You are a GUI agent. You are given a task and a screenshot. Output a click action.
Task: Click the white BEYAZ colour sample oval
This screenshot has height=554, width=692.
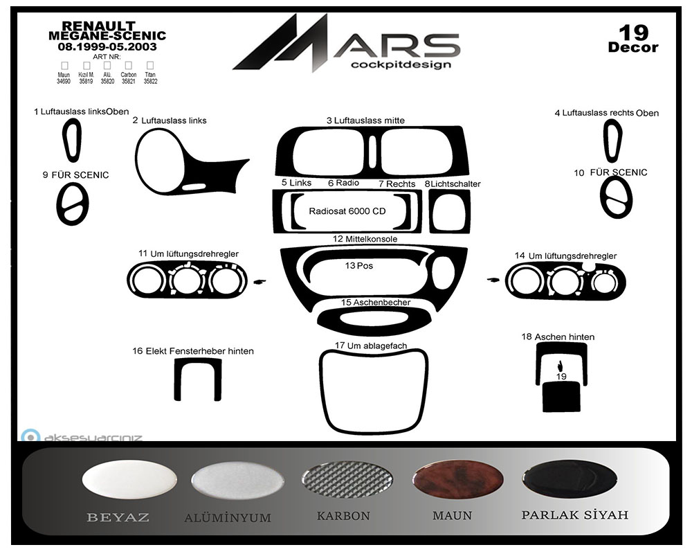129,480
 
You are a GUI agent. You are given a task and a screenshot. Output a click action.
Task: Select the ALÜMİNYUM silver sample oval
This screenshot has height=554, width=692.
237,481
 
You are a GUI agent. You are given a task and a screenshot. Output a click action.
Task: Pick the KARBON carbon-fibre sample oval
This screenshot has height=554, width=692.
347,480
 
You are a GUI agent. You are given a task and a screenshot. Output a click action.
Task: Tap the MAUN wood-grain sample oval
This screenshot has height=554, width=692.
457,480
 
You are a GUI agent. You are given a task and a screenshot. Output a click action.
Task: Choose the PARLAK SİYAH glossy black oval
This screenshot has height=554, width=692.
569,479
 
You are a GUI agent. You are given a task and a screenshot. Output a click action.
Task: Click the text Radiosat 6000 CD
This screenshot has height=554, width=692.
347,211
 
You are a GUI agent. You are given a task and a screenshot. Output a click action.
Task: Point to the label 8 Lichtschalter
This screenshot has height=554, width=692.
453,184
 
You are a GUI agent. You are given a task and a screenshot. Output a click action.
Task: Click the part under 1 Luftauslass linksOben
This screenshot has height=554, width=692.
72,139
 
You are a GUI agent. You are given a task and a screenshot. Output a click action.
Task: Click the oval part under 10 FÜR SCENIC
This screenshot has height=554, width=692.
616,197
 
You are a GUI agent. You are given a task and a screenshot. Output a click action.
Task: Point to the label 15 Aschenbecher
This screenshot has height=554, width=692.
375,303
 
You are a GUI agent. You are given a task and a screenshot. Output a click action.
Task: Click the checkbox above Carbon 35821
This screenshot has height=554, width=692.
129,65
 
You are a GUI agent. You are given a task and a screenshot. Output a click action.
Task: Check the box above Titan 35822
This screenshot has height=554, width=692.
150,65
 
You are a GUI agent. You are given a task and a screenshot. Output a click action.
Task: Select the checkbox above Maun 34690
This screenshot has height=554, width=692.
64,65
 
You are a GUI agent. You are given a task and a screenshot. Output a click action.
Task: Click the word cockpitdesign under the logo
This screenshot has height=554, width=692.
401,64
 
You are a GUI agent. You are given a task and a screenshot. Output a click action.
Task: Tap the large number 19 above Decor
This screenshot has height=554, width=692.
633,32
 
